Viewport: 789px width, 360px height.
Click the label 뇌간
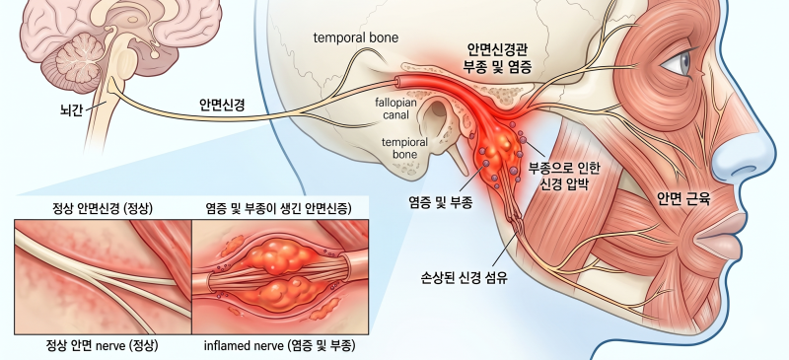click(x=70, y=110)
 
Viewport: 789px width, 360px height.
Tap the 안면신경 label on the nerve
click(x=223, y=105)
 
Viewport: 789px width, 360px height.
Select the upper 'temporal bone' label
click(x=356, y=37)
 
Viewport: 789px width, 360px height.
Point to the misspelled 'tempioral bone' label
click(x=404, y=148)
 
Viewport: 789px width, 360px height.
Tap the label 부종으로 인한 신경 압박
click(x=563, y=176)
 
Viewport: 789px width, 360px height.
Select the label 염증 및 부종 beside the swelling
click(x=440, y=203)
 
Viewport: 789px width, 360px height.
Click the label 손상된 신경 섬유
click(x=464, y=277)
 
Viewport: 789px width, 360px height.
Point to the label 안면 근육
click(x=683, y=199)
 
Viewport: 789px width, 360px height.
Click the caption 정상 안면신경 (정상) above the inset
click(x=103, y=208)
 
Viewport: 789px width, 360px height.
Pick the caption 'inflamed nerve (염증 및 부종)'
click(x=280, y=346)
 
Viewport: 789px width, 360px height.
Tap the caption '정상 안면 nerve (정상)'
click(x=103, y=346)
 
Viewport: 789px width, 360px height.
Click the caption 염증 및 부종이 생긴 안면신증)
click(x=279, y=208)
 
